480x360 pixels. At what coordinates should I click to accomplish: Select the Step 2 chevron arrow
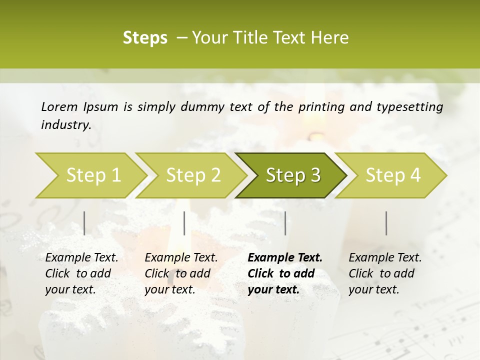193,175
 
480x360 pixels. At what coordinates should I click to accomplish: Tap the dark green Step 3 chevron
292,175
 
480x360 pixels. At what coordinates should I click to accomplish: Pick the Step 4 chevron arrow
392,175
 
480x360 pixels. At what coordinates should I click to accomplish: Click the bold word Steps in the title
145,38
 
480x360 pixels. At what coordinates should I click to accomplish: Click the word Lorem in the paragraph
59,106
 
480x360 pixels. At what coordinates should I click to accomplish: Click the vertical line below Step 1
84,223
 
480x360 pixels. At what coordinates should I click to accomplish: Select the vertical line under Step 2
184,223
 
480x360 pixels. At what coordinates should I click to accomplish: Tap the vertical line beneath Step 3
285,223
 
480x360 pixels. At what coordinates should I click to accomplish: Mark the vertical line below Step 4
386,223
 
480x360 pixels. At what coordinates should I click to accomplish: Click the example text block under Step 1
81,273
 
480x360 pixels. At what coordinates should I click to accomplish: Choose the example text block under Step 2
181,273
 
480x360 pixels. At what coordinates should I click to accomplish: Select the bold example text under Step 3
285,273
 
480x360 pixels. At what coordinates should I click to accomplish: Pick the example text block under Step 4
385,273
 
